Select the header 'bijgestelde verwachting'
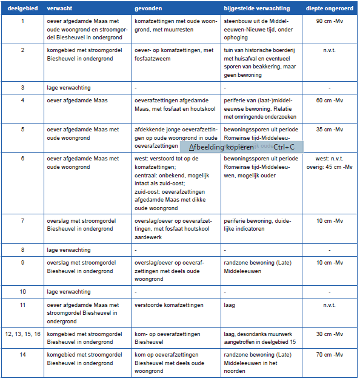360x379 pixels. click(x=256, y=9)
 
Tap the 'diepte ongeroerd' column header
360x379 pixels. click(x=329, y=9)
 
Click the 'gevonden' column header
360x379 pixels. click(x=148, y=9)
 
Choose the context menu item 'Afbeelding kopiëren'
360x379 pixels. click(x=221, y=147)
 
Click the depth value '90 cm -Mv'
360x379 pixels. click(x=329, y=21)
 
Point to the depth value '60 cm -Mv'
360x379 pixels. click(x=329, y=101)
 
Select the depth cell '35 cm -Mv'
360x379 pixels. click(x=329, y=130)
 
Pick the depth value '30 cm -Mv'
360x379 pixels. click(x=329, y=334)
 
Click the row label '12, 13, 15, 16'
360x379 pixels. click(x=23, y=334)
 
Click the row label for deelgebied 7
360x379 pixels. click(x=23, y=221)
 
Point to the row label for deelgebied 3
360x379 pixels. click(x=23, y=88)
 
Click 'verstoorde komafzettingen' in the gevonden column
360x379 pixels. click(x=169, y=305)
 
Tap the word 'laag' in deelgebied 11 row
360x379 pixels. click(x=229, y=305)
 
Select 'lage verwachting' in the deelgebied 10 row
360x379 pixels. click(x=68, y=292)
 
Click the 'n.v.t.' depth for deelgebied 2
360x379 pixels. click(x=329, y=50)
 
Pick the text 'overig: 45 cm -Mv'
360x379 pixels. click(x=329, y=166)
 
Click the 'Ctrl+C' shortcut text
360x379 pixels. click(x=284, y=147)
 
